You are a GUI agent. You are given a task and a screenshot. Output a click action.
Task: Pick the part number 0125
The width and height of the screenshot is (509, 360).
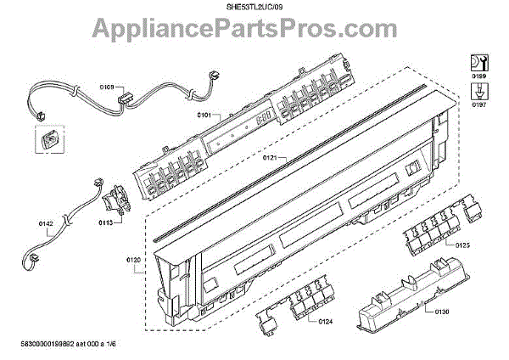461,245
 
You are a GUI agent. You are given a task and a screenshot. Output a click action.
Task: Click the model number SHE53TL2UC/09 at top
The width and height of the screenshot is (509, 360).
254,7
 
